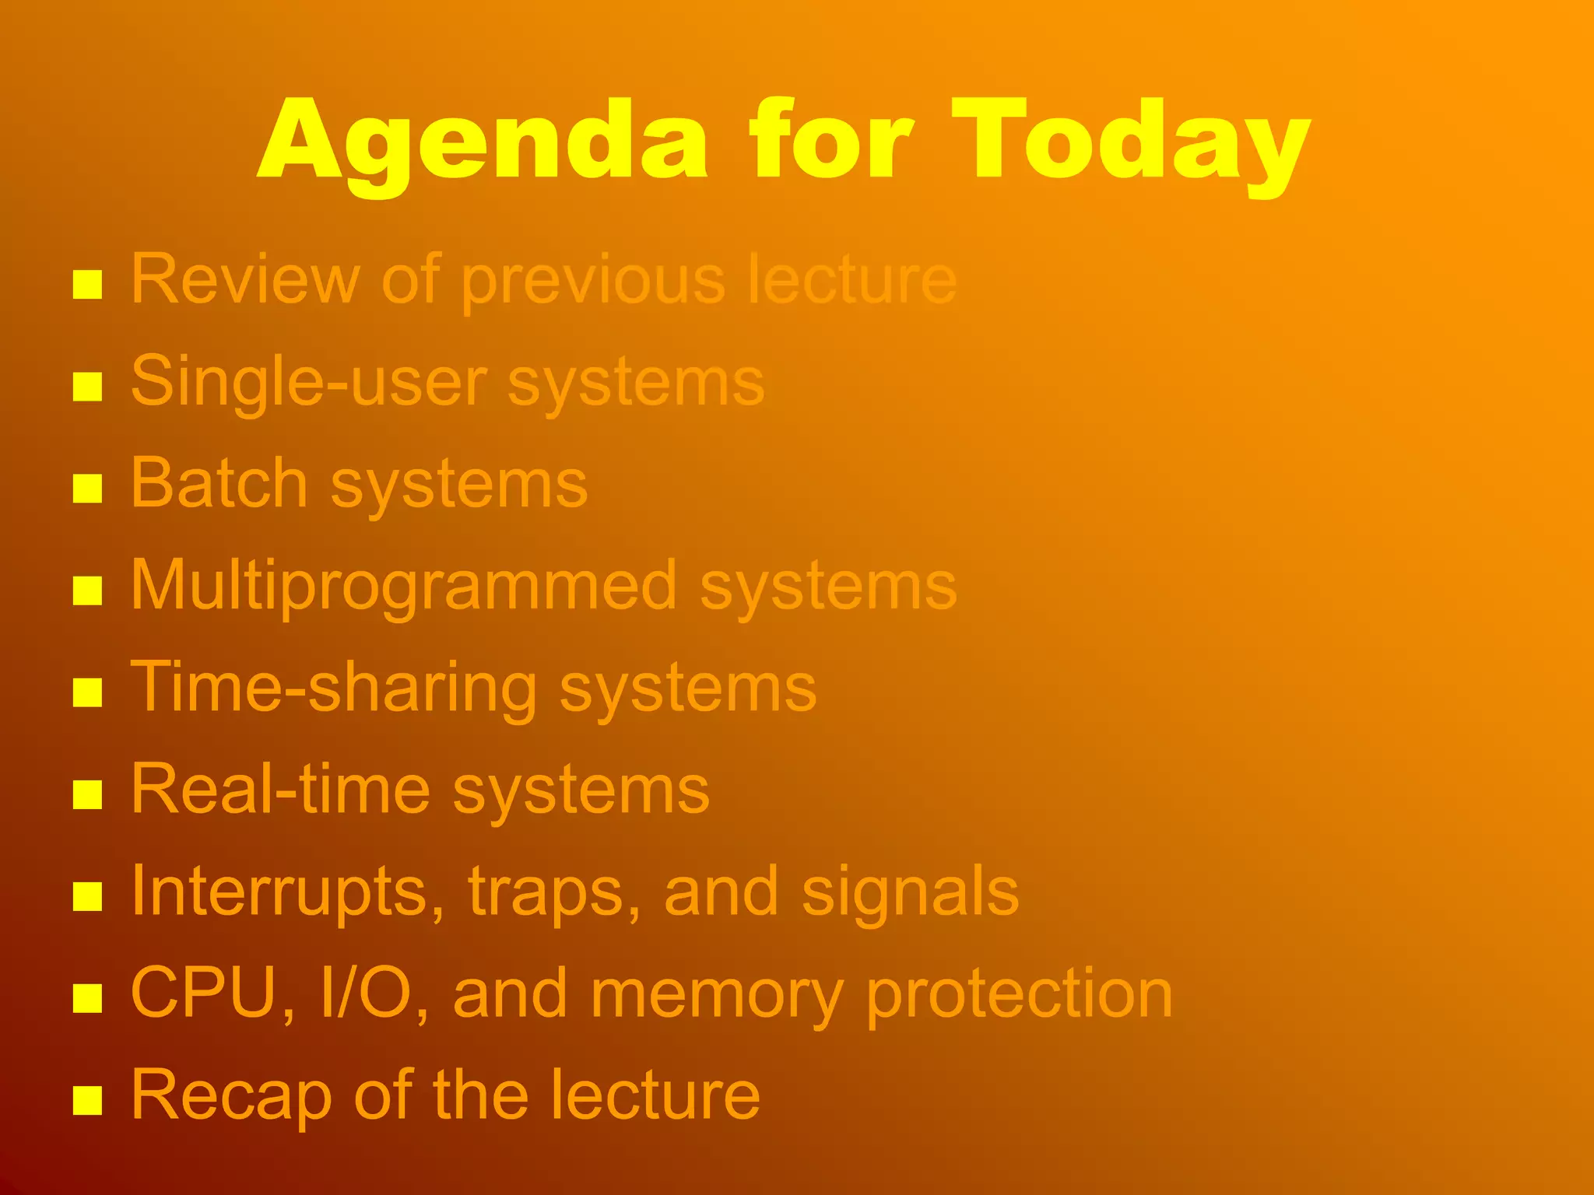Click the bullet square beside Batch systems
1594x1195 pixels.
pyautogui.click(x=87, y=489)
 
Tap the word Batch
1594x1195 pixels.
pyautogui.click(x=219, y=484)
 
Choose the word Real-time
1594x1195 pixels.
pyautogui.click(x=280, y=790)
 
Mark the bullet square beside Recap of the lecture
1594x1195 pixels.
pyautogui.click(x=87, y=1100)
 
